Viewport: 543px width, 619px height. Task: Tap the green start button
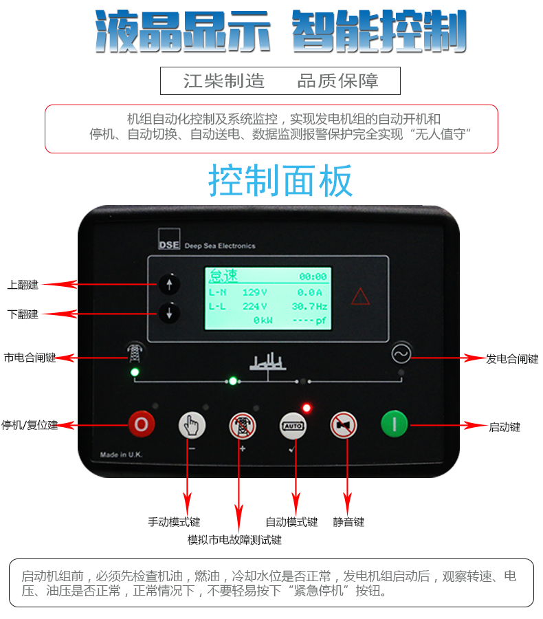coord(394,424)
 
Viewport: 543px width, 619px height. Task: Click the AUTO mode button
coord(293,426)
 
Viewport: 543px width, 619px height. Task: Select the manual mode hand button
coord(192,425)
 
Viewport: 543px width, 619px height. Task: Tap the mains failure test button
coord(243,426)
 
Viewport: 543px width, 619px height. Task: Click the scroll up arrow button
coord(169,284)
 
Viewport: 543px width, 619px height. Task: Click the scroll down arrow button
coord(169,313)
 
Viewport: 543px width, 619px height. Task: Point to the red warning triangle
coord(360,296)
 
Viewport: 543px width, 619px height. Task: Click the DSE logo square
coord(169,239)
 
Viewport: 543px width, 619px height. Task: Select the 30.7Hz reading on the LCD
coord(310,306)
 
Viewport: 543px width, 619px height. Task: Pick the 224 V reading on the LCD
coord(254,306)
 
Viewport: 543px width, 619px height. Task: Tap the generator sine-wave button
coord(401,354)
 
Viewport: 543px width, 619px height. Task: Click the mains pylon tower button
coord(135,353)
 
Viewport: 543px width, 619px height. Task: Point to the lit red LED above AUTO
coord(307,408)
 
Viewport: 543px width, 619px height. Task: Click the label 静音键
coord(348,522)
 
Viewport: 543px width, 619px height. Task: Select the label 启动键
coord(505,426)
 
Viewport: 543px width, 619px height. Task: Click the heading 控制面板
coord(280,180)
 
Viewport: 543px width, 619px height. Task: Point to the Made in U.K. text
coord(121,455)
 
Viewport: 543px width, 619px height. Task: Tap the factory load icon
coord(268,362)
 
